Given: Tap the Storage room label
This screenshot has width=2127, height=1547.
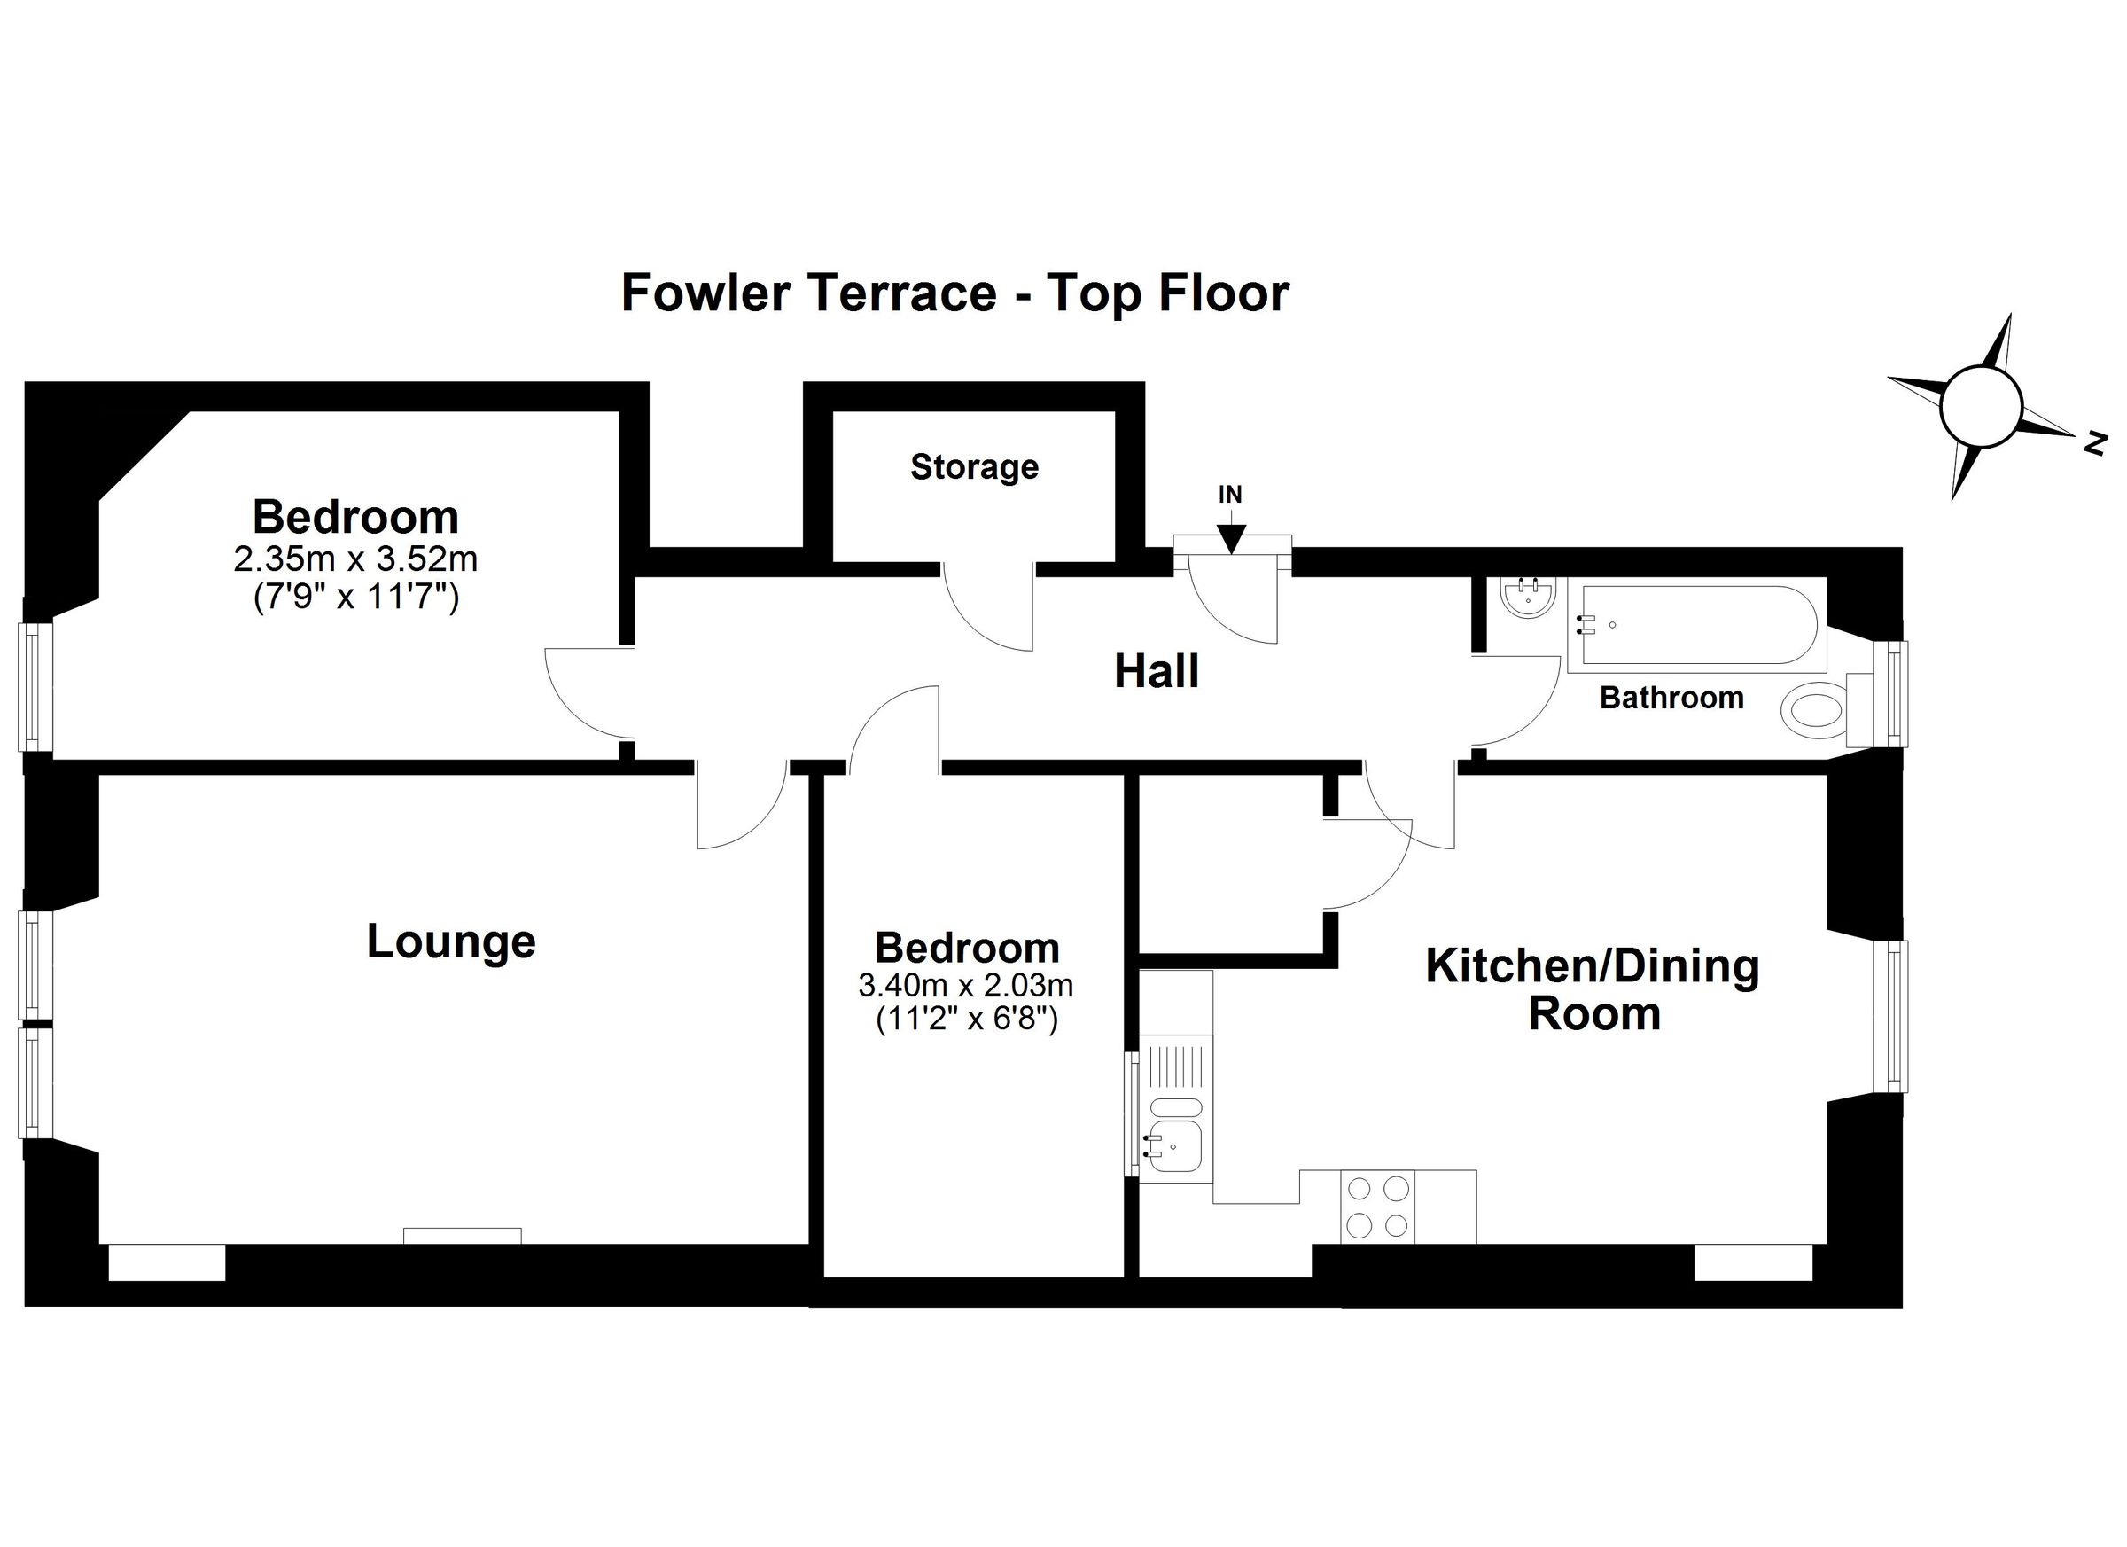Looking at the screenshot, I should coord(974,466).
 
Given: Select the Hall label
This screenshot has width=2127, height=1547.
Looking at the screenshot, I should coord(1157,672).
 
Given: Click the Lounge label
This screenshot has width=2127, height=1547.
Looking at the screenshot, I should coord(451,941).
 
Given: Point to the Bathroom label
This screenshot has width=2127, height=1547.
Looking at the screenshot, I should coord(1671,697).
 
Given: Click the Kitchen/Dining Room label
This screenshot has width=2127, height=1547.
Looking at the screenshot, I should coord(1593,989).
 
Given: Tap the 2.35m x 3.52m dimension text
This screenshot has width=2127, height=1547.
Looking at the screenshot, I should coord(355,559).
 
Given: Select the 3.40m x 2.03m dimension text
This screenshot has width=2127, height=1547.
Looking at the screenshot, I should coord(966,985).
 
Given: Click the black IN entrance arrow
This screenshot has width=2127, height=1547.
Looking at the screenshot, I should coord(1230,537).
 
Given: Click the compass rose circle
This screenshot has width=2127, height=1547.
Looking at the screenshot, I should coord(1979,406).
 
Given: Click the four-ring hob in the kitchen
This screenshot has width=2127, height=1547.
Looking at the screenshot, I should coord(1377,1207).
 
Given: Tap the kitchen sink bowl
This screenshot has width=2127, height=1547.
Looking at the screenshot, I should coord(1175,1146).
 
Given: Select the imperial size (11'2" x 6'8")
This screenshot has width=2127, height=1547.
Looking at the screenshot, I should coord(967,1019).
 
